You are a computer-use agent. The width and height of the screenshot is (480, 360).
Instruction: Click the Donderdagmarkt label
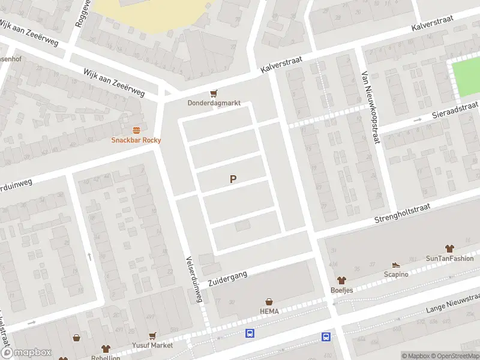pos(214,103)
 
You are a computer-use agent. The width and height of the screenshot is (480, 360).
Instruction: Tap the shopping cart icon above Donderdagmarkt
pos(214,93)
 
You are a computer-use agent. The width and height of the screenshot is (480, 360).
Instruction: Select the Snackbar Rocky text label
pos(136,140)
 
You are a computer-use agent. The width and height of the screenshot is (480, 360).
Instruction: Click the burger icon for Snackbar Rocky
pos(136,130)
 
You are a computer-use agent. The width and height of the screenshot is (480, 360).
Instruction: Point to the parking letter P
pos(233,179)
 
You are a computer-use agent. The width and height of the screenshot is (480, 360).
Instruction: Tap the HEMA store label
pos(269,311)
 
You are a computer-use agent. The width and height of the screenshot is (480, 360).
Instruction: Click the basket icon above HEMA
pos(269,301)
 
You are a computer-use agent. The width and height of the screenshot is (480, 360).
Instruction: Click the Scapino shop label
pos(396,274)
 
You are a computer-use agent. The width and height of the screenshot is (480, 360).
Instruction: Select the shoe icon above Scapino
pos(396,265)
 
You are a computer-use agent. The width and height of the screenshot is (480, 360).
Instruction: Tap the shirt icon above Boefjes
pos(342,280)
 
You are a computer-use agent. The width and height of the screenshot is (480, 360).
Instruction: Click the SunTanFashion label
pos(449,259)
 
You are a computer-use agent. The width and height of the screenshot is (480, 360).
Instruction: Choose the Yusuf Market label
pos(153,346)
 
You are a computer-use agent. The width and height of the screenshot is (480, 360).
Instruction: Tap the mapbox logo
pos(25,353)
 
